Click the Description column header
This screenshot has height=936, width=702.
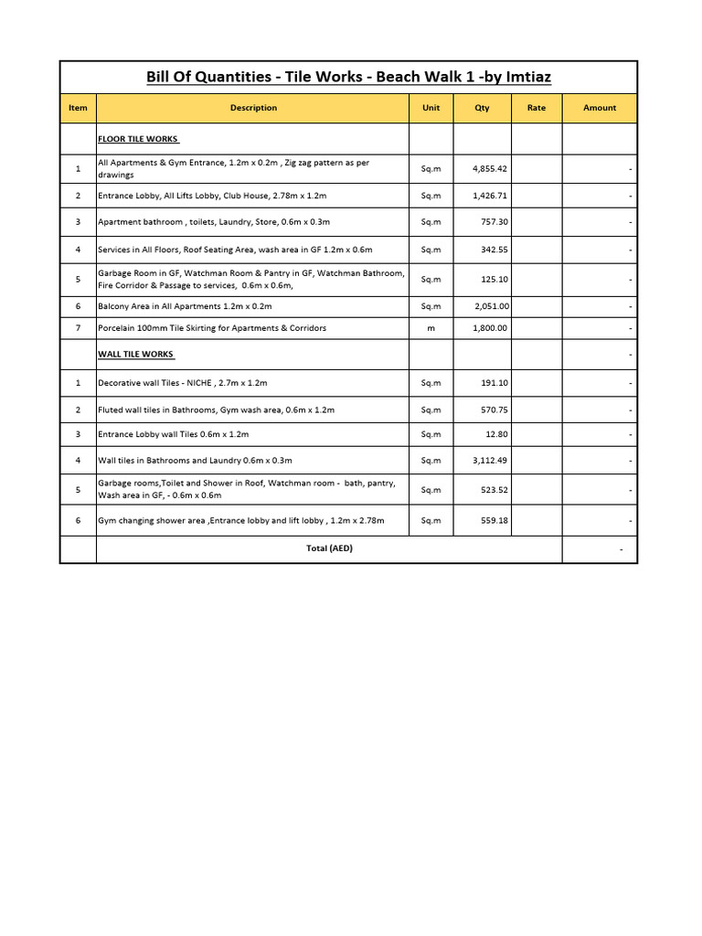[253, 108]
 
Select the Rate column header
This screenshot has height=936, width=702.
[537, 108]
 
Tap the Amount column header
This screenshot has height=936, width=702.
[600, 108]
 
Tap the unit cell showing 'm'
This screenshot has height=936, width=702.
[431, 328]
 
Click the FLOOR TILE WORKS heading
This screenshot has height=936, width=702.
[138, 139]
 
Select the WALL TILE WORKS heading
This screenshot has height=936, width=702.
[135, 354]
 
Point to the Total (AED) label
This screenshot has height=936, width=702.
[329, 548]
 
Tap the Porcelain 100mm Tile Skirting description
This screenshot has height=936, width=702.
[212, 328]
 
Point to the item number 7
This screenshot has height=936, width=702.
[78, 328]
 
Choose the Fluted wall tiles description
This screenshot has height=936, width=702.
[216, 409]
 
